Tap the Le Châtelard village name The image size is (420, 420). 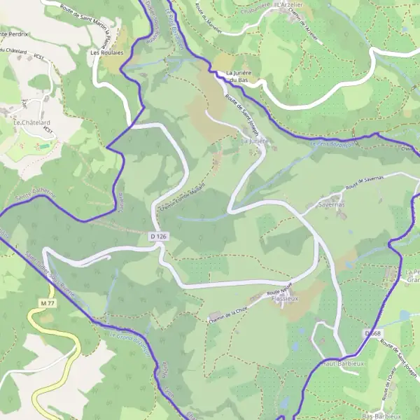(x=28, y=121)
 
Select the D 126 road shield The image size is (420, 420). (x=159, y=237)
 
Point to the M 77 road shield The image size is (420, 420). (x=47, y=302)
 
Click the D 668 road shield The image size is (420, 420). (x=372, y=334)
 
